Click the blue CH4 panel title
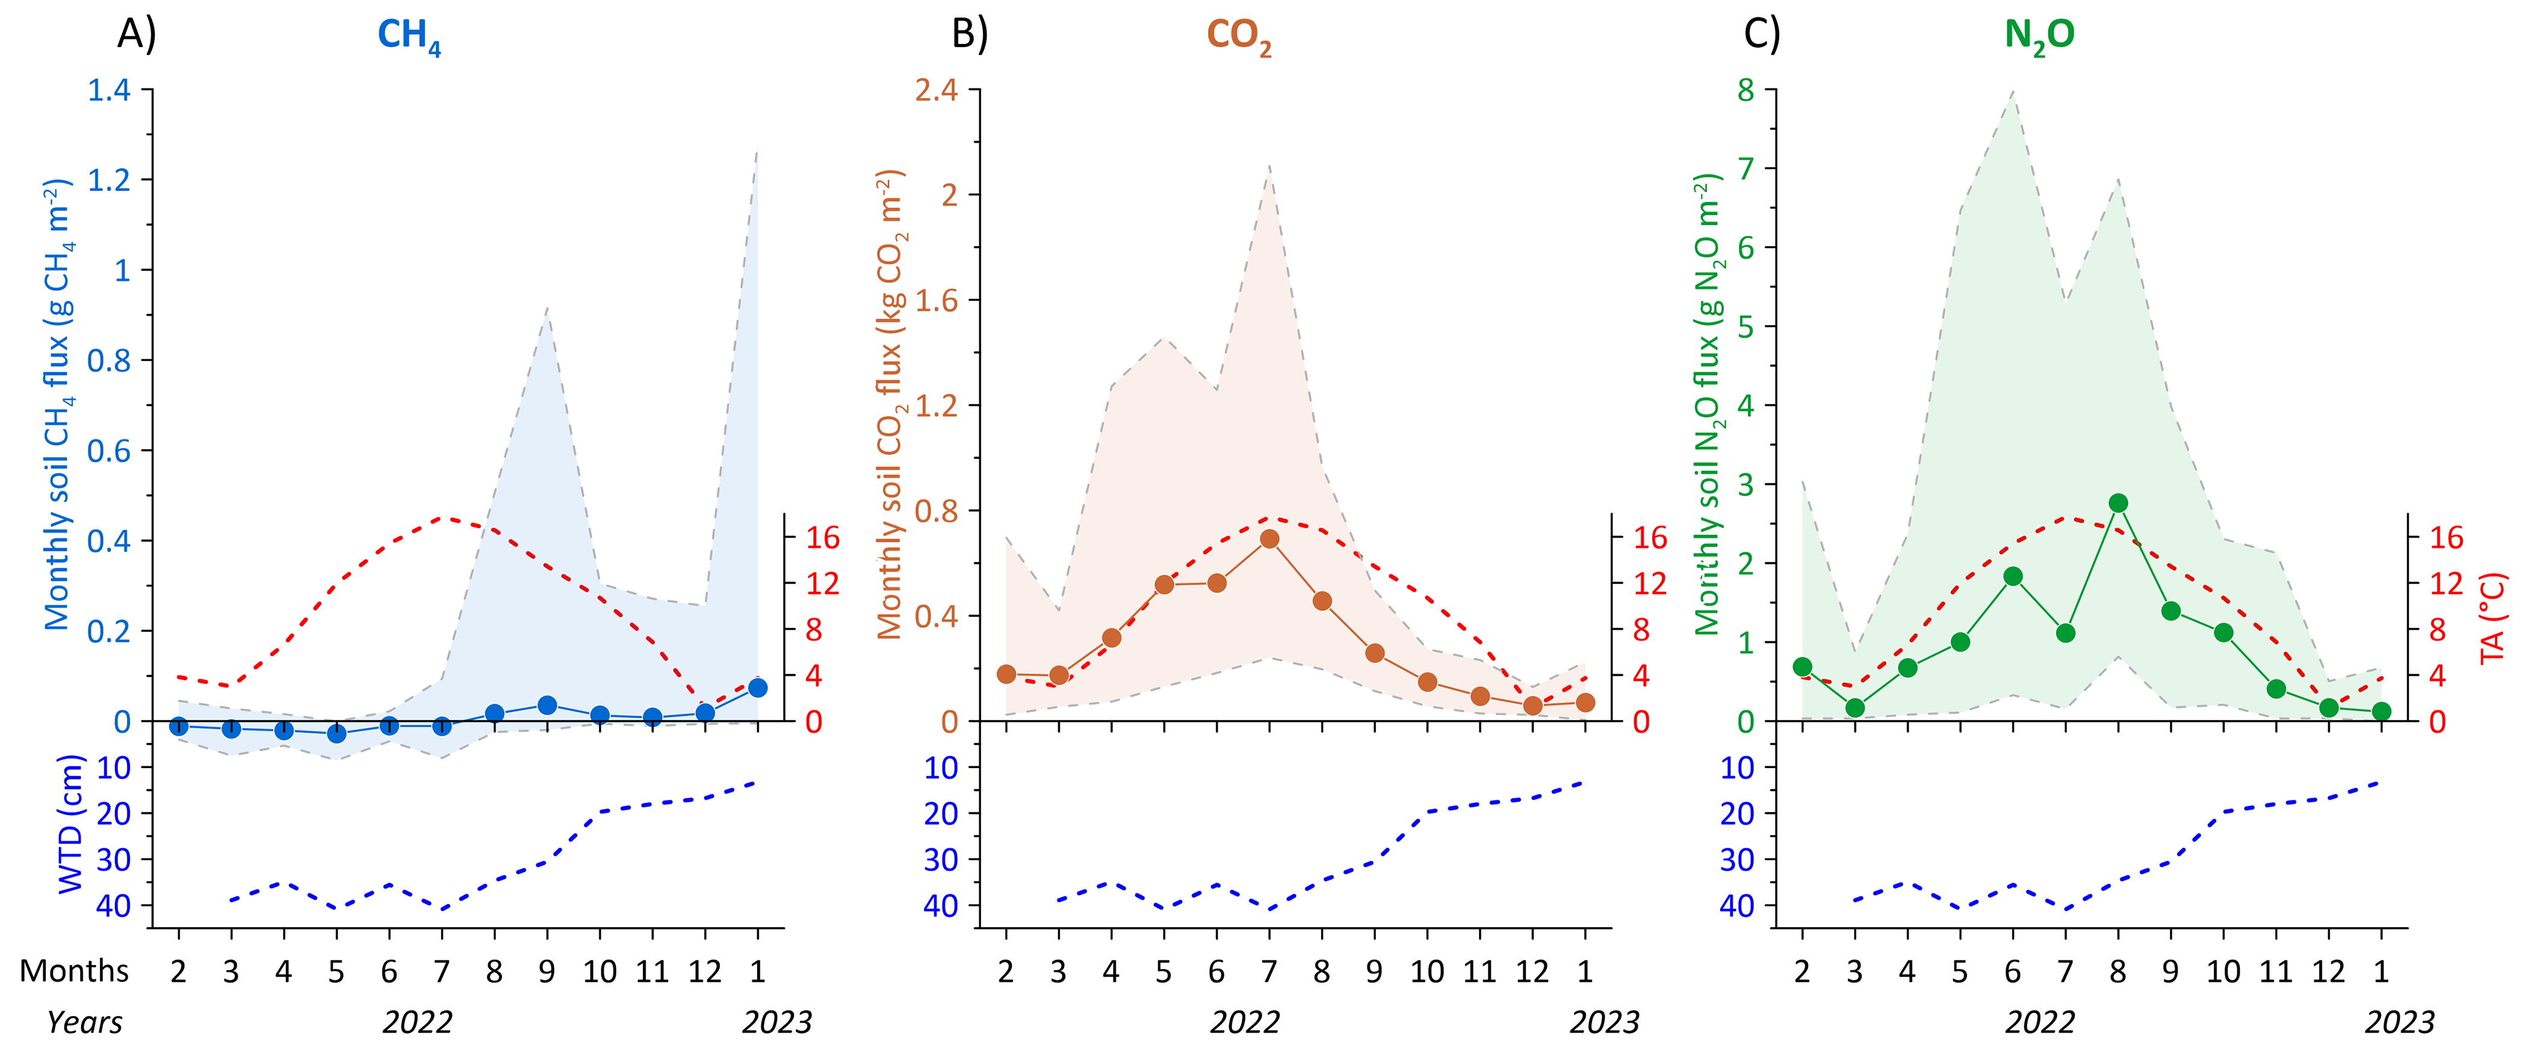[x=409, y=36]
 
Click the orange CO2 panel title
[x=1238, y=36]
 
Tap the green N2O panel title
[x=2039, y=36]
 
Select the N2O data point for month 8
[x=2118, y=503]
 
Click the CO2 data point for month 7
[x=1269, y=539]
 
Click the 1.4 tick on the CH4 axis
[x=109, y=90]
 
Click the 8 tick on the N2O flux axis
[x=1745, y=90]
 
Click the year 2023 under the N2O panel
[x=2399, y=1023]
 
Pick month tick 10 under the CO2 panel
[x=1427, y=972]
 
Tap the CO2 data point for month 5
[x=1164, y=584]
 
